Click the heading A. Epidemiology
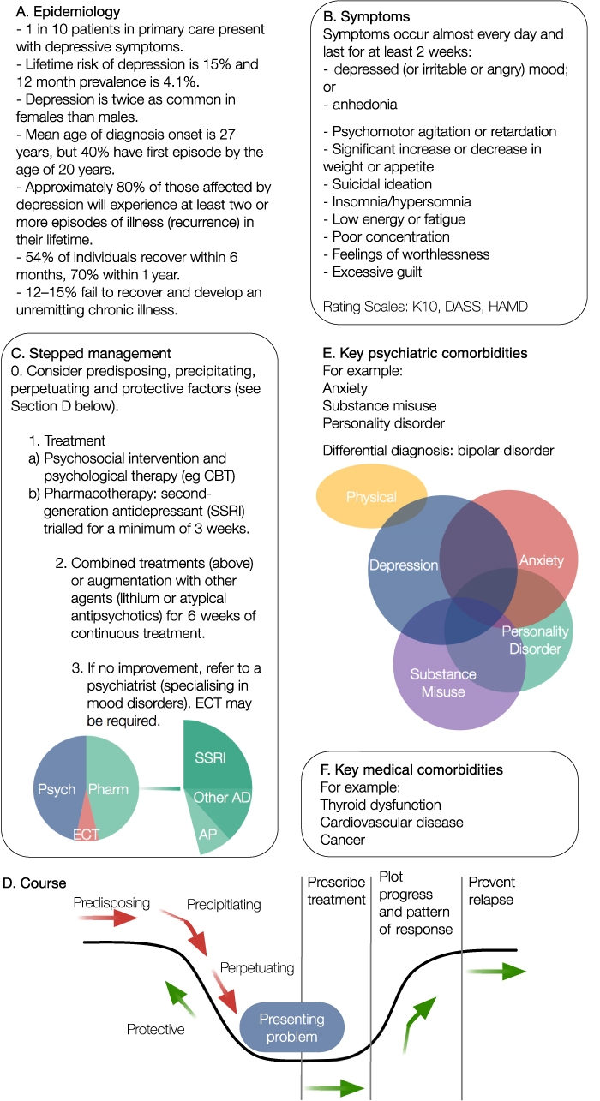(68, 11)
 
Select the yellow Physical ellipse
(371, 496)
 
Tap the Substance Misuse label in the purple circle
(443, 683)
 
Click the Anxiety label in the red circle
(542, 560)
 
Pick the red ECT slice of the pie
(86, 822)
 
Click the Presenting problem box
(291, 1026)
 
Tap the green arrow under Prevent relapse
(496, 972)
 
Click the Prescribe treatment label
(336, 890)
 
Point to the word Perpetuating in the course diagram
(257, 968)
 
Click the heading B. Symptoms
(366, 16)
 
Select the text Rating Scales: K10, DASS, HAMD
(425, 307)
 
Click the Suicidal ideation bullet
(378, 184)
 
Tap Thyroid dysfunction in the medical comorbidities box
(381, 805)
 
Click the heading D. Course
(34, 883)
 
